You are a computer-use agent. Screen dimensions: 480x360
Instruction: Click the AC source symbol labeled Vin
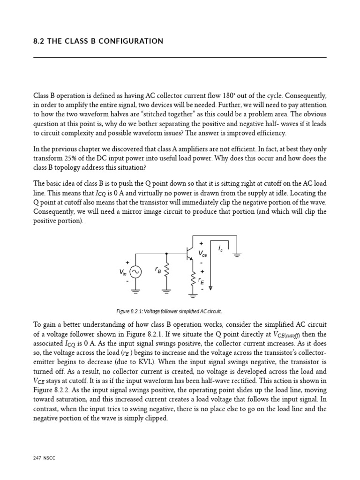pos(136,272)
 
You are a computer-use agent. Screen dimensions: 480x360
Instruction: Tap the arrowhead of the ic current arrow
pos(210,288)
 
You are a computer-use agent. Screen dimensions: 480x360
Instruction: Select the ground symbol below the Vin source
pos(136,291)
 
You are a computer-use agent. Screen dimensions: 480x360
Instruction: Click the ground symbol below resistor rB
pos(166,291)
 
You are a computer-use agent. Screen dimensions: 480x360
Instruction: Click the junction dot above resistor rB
pos(166,254)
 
